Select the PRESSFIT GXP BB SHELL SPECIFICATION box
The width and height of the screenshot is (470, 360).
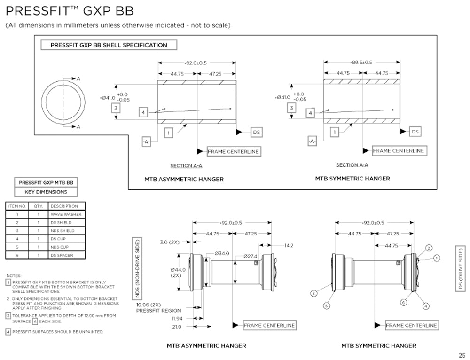click(109, 45)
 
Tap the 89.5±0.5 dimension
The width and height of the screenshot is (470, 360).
click(361, 62)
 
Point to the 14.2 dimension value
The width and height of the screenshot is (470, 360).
click(289, 245)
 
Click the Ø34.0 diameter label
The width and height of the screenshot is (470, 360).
click(222, 253)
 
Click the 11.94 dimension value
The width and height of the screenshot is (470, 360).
click(177, 318)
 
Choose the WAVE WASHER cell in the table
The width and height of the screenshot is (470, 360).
click(66, 214)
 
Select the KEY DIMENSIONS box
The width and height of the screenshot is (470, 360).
click(46, 192)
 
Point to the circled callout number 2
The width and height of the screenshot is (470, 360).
click(428, 248)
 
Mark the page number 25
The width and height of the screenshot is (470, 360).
click(462, 355)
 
